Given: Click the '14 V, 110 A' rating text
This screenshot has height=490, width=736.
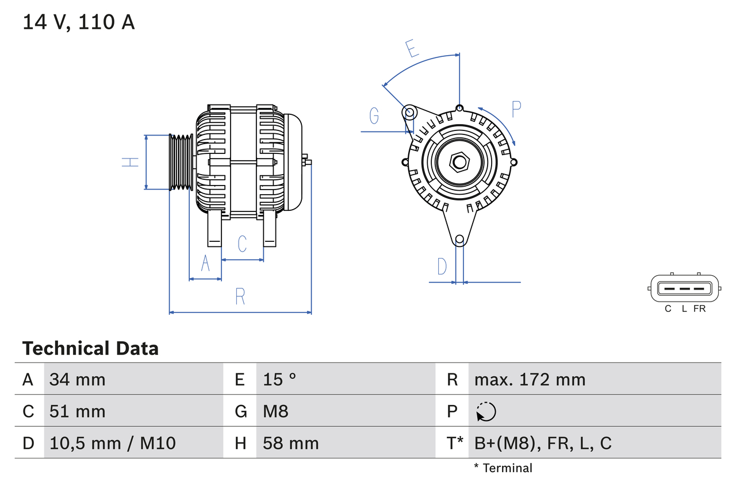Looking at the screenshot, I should (x=79, y=22).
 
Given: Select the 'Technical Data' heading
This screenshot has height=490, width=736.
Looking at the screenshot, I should (x=90, y=349).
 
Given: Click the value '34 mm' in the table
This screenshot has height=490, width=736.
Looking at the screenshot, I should (x=78, y=379).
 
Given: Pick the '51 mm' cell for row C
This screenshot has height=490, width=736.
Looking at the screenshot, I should (x=78, y=411).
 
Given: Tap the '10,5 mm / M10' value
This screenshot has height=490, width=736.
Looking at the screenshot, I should (x=113, y=443).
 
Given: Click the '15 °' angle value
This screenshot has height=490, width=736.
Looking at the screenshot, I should (x=279, y=379).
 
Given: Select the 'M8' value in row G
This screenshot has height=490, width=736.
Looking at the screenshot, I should (x=276, y=411).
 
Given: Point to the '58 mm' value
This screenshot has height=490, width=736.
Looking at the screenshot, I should (x=291, y=443).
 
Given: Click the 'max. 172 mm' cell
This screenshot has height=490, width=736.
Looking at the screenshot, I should (x=530, y=379).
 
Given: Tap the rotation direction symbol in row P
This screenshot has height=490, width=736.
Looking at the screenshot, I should (x=486, y=411).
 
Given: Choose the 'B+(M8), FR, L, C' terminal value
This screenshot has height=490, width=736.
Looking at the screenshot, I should (x=543, y=443).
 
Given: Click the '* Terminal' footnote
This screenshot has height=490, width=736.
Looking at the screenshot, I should (x=503, y=468).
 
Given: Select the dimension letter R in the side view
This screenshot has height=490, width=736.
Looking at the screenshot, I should (x=240, y=296).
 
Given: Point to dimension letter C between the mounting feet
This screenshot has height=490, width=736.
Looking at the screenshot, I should (x=242, y=244).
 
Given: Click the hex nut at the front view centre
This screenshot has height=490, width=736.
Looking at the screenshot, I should (x=459, y=162).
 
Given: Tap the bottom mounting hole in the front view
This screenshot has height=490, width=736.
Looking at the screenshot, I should (x=459, y=240).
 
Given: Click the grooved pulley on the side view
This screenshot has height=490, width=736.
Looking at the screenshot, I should (x=181, y=162).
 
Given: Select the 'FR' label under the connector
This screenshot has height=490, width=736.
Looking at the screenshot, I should (x=699, y=308).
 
